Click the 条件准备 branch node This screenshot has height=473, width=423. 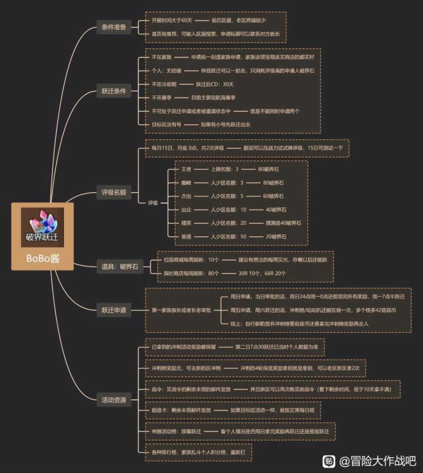114,27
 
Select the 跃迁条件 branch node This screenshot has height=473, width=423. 114,91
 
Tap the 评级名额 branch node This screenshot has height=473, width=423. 114,193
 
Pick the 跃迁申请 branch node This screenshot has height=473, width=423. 114,310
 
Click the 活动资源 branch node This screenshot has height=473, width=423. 114,400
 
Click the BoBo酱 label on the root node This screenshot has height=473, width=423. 42,259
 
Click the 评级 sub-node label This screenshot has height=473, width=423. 152,202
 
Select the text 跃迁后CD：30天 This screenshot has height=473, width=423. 215,84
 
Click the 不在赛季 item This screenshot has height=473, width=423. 161,97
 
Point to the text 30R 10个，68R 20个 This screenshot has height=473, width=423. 262,273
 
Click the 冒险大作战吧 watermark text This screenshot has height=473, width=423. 378,461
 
